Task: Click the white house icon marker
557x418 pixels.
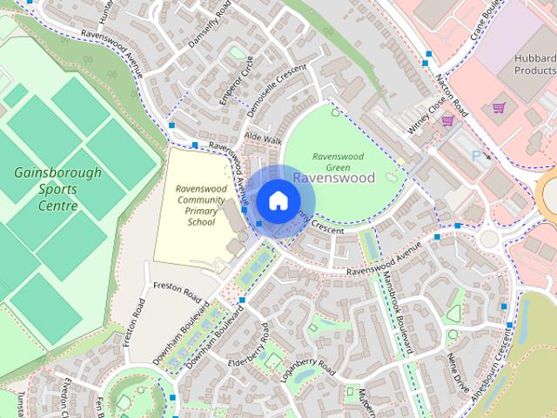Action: [x=277, y=200]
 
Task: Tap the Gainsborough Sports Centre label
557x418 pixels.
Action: [x=57, y=189]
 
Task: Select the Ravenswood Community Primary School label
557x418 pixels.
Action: [x=195, y=205]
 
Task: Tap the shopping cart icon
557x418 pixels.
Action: [x=500, y=108]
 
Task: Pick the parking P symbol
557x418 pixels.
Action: [x=475, y=155]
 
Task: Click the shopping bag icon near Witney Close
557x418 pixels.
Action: [x=446, y=121]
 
